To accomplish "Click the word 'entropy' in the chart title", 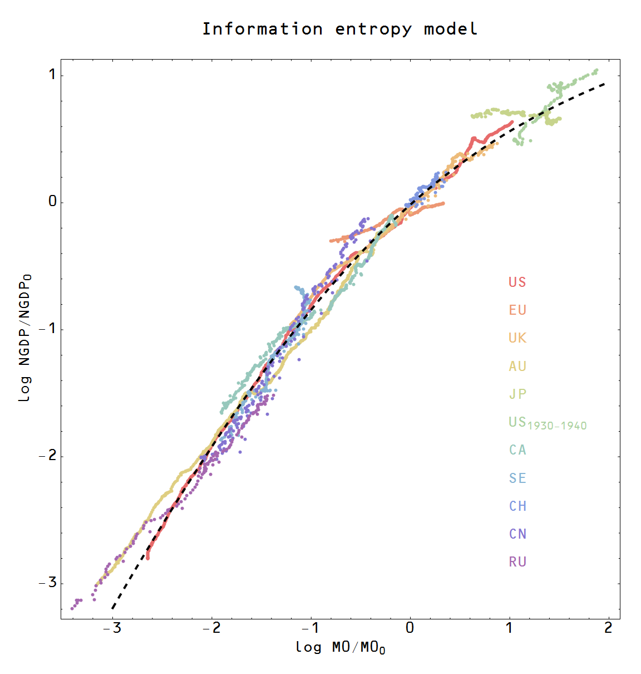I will [373, 29].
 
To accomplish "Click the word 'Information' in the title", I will [262, 29].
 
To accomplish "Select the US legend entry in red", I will [517, 282].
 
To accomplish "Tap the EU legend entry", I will [517, 310].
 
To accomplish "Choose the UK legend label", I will [517, 338].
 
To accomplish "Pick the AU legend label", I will [517, 367].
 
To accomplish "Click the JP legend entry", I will [517, 394].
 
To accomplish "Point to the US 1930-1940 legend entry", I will [548, 423].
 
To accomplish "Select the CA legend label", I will [517, 450].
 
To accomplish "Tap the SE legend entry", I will [517, 478].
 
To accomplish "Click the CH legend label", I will [517, 506].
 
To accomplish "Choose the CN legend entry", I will [517, 534].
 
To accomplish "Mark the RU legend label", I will [517, 562].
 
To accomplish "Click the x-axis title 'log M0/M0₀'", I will [340, 647].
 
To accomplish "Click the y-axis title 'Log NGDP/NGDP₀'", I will [25, 338].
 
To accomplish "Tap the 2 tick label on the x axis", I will [608, 628].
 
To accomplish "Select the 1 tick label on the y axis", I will [52, 75].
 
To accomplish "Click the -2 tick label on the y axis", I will [48, 456].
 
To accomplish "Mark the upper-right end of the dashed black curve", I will [604, 84].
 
